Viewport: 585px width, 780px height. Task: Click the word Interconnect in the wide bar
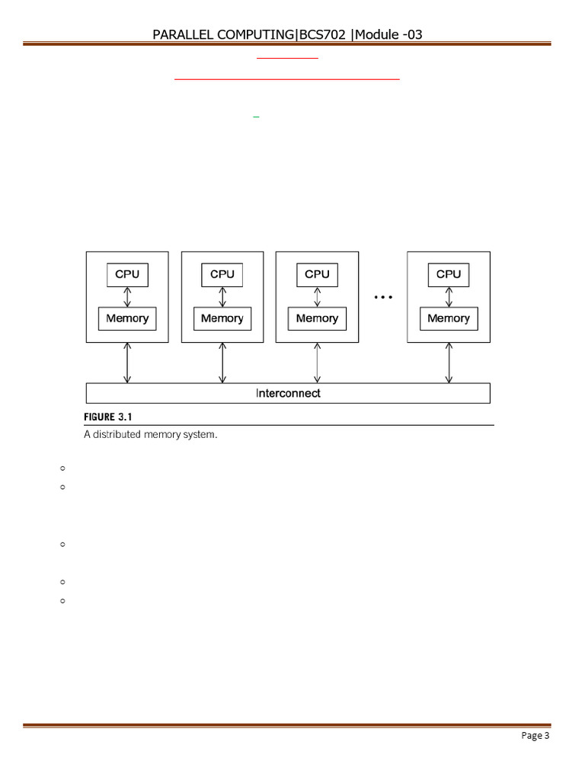288,393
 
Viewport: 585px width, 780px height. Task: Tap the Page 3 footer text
535,735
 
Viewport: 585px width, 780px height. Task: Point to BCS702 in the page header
322,34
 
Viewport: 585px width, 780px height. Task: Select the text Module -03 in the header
388,34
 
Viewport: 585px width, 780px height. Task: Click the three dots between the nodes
383,296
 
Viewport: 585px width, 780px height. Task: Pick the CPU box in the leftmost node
127,274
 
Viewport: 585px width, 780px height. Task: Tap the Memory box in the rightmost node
449,318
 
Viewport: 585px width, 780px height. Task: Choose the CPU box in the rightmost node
449,274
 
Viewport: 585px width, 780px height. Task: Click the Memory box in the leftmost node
127,318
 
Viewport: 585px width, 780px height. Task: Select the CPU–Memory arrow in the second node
222,296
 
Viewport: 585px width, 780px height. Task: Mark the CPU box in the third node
317,274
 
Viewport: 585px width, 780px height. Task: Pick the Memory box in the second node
222,318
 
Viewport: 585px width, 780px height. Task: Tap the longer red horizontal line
287,78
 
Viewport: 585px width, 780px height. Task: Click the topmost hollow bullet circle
61,468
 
